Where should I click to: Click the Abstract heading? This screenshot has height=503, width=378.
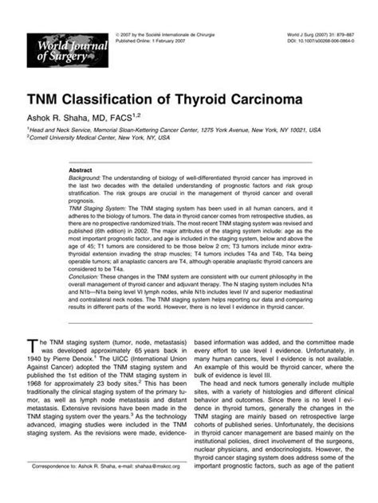(x=81, y=170)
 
